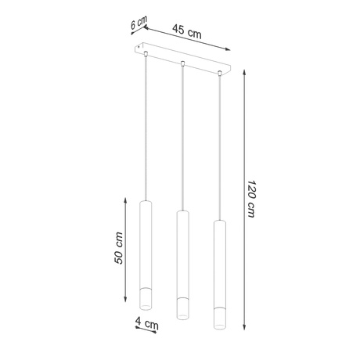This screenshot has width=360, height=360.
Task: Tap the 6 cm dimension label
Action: click(139, 24)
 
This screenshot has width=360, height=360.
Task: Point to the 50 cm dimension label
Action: click(118, 248)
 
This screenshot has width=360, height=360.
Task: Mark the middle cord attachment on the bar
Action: click(182, 63)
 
